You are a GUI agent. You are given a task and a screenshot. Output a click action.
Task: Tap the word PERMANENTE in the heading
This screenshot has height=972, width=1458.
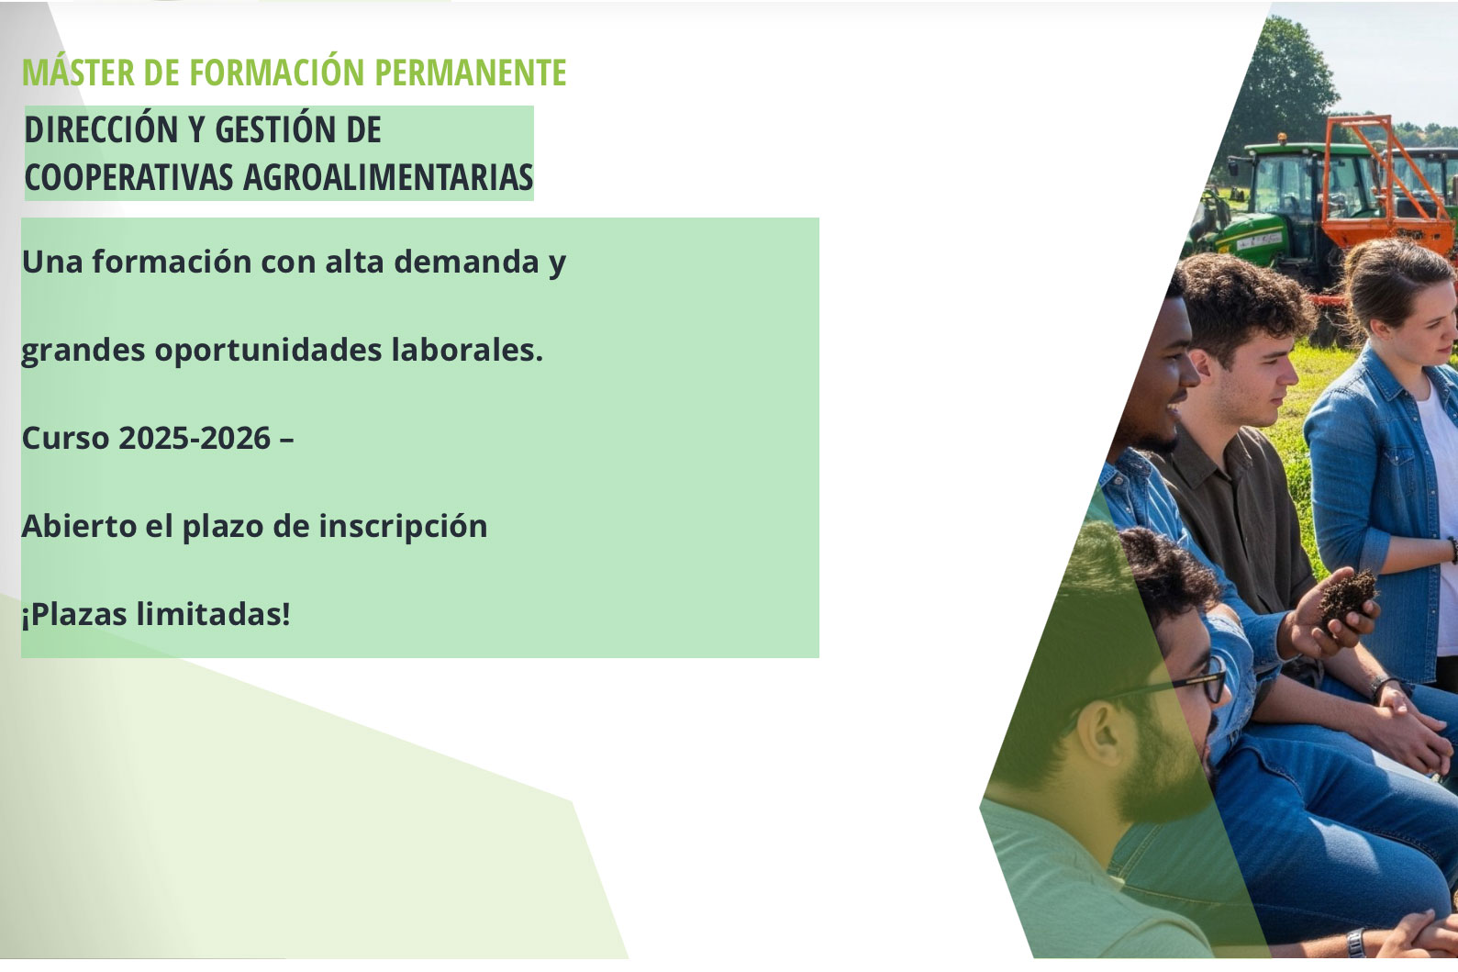pos(470,73)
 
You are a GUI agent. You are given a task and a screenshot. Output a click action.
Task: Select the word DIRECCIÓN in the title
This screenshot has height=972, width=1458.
pos(101,128)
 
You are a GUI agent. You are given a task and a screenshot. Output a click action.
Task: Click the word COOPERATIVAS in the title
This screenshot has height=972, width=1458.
pos(128,177)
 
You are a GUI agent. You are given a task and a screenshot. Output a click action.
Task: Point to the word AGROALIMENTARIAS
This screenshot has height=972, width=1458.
pos(388,177)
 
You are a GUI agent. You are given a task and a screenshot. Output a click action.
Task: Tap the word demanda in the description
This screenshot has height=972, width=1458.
pos(466,261)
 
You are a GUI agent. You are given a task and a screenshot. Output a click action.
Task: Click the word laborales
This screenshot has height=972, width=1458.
pos(467,350)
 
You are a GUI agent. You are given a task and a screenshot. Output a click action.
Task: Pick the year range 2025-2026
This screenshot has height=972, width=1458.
pos(194,438)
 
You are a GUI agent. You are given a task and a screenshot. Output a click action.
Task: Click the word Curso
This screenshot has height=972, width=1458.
pos(65,438)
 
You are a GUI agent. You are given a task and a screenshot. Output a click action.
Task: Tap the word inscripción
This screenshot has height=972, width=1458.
pos(403,527)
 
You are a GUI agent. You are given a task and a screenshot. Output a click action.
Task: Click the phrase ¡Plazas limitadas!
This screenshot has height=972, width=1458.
pos(156,614)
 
